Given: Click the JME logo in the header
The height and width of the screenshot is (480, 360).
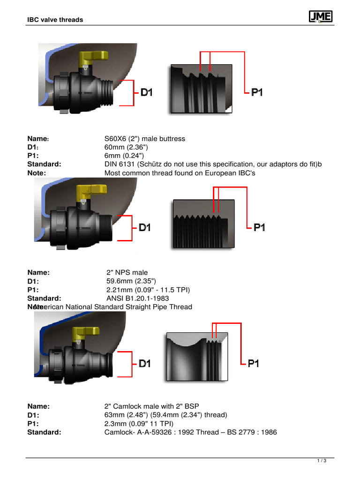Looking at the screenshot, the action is (321, 17).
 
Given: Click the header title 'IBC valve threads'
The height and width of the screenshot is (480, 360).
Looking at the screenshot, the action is (54, 20).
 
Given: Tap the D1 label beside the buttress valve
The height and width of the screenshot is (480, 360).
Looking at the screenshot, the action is (147, 92).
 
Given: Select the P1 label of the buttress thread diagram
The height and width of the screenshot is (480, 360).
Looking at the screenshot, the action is (257, 92).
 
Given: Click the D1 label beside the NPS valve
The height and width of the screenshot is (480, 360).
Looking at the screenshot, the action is (145, 227).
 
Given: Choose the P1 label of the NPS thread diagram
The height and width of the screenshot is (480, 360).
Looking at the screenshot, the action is (259, 227).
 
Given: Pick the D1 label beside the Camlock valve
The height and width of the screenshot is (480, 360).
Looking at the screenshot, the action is (145, 363).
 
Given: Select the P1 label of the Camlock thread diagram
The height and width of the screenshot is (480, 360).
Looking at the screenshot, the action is (253, 363).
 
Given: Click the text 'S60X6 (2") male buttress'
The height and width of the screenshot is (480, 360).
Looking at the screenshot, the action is (144, 139).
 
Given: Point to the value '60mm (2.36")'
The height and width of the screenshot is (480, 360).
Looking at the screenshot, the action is (123, 147).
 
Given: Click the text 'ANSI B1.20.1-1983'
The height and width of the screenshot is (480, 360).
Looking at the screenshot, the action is (138, 298).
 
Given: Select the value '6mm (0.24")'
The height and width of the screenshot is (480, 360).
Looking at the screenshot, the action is (124, 156).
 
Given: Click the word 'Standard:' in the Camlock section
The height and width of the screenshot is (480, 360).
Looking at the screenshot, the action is (45, 432).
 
